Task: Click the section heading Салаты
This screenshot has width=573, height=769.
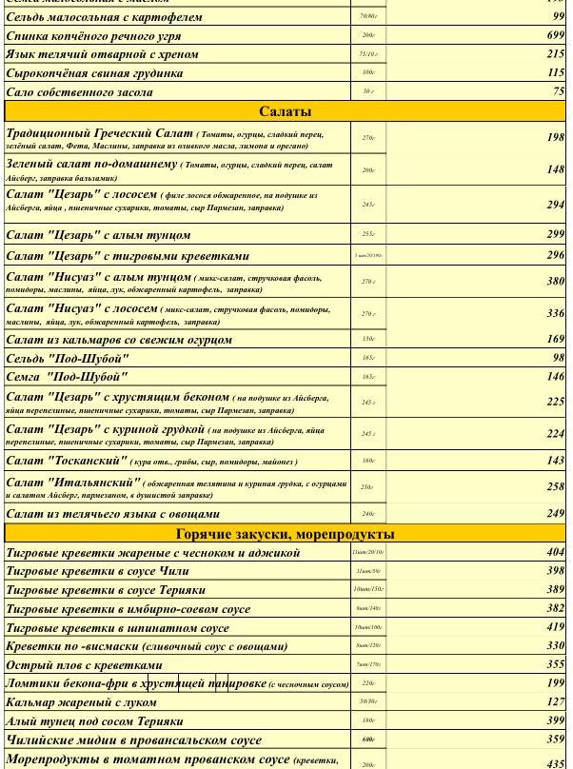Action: pos(285,111)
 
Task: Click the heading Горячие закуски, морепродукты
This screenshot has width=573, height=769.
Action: pos(286,534)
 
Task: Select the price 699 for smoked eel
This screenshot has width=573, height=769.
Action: pos(555,35)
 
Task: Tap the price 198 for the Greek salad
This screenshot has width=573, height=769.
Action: pos(555,137)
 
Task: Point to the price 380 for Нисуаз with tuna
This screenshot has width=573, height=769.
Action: pos(555,281)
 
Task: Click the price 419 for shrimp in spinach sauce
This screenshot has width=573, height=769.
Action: pos(555,627)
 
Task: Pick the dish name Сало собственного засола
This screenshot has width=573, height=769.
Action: pos(79,92)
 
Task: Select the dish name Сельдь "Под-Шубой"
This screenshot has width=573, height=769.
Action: pos(67,359)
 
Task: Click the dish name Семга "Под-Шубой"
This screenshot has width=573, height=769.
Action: pos(67,377)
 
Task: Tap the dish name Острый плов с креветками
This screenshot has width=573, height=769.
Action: pos(84,665)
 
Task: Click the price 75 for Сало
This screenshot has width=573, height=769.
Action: pos(558,91)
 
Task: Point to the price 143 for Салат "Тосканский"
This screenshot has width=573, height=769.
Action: pos(555,461)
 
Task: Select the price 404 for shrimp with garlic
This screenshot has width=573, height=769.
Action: pos(555,552)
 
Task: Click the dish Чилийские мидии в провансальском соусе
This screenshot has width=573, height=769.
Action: pos(133,740)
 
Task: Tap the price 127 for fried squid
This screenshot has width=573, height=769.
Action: pos(555,701)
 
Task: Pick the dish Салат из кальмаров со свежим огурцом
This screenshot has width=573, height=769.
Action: pos(119,340)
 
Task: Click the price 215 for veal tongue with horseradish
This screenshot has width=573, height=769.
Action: pos(555,54)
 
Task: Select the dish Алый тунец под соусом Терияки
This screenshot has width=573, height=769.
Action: pos(94,721)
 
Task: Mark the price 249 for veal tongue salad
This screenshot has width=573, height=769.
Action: pos(555,513)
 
